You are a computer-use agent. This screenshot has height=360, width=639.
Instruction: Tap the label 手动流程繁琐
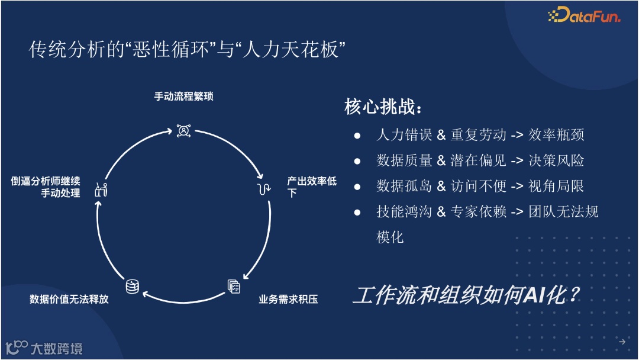point(184,96)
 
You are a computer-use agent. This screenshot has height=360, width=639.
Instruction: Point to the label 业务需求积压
point(288,299)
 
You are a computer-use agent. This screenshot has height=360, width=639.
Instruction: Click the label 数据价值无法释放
point(69,299)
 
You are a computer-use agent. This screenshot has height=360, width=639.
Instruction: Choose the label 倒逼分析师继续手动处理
point(46,187)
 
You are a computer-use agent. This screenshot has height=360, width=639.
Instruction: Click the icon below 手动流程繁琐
point(183,130)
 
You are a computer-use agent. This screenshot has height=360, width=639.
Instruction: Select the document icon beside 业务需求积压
point(234,287)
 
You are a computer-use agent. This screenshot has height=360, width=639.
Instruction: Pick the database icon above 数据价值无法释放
point(132,287)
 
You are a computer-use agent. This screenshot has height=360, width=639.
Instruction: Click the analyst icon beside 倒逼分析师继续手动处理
point(101,190)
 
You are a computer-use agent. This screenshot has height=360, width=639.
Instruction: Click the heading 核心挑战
point(383,108)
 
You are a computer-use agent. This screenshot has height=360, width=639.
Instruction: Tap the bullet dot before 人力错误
point(357,136)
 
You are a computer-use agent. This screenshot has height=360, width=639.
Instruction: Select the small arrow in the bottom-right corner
point(622,342)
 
